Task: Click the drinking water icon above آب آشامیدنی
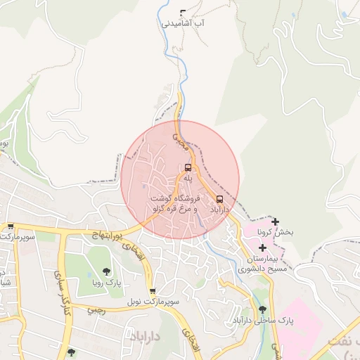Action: click(184, 12)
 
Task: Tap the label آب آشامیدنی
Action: click(184, 23)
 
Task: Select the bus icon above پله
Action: click(188, 167)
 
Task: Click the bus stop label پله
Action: click(188, 179)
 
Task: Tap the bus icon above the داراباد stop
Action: click(220, 199)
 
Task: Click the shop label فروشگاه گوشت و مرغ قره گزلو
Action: click(173, 205)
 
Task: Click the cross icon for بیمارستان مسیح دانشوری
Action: click(262, 247)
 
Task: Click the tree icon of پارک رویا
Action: click(106, 271)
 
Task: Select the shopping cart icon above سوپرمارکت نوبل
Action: click(153, 291)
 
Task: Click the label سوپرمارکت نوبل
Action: click(153, 302)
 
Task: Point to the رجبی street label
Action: click(96, 310)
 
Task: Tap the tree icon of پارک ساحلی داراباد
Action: click(263, 309)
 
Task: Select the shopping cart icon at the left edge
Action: click(11, 226)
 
